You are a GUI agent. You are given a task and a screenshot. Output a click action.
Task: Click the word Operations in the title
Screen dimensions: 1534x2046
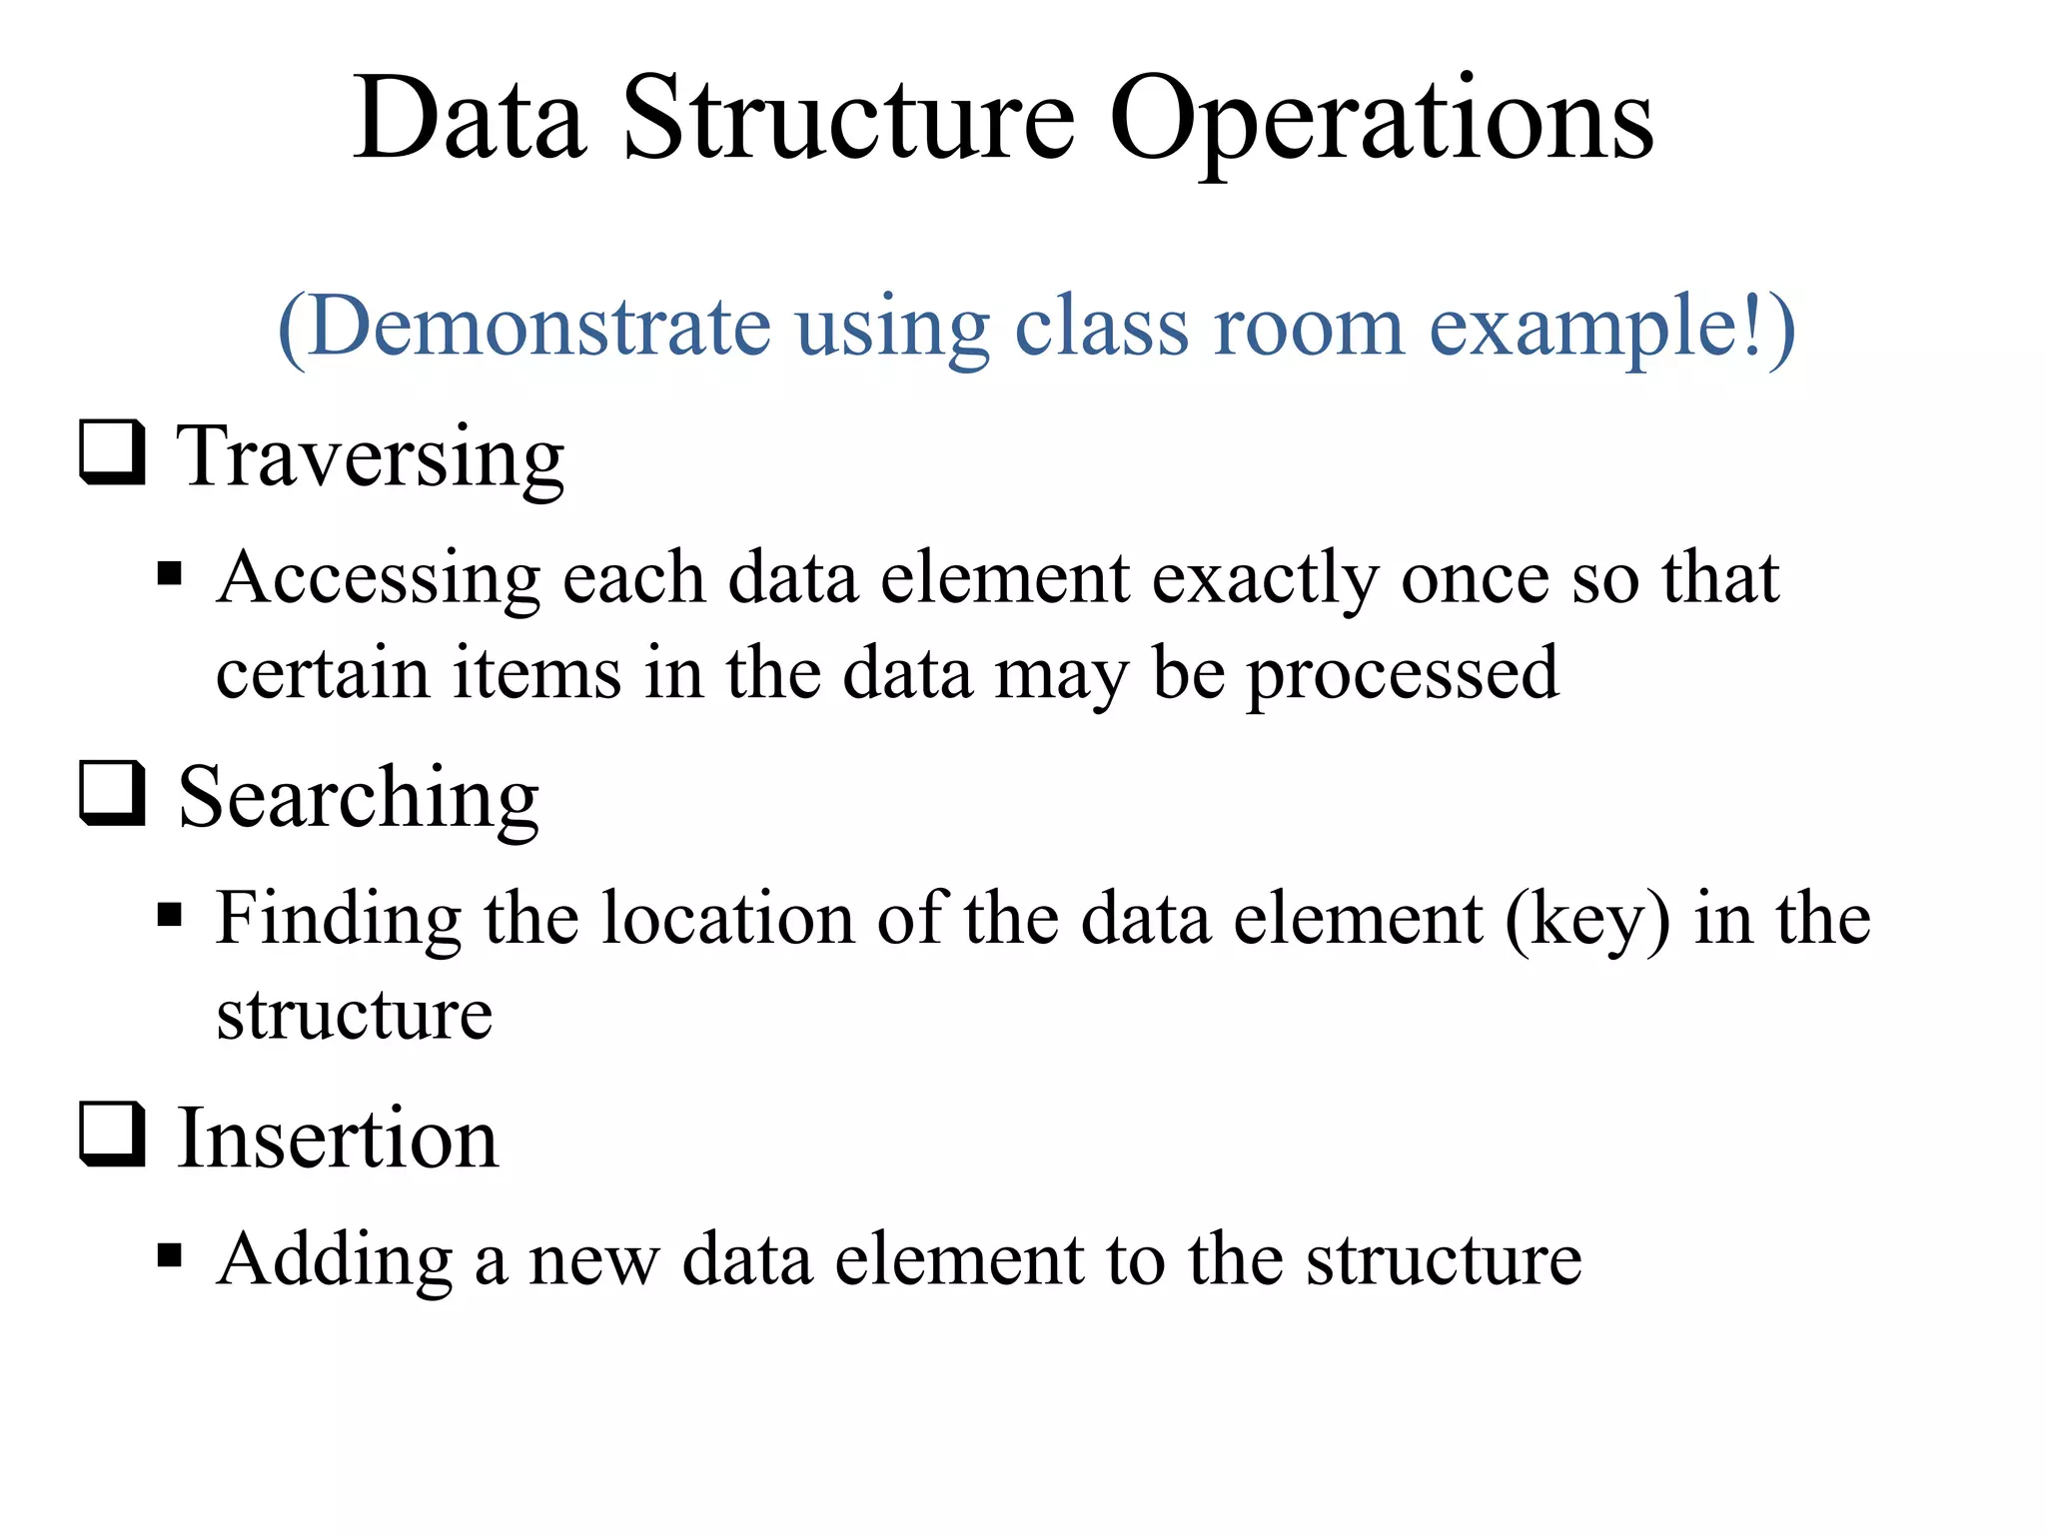click(1382, 122)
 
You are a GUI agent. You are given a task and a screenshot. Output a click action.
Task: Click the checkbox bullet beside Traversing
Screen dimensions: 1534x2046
click(112, 454)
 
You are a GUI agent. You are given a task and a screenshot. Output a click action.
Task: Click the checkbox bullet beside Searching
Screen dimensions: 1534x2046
click(112, 796)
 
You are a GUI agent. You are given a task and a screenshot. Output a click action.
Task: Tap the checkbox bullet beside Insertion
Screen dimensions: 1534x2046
click(112, 1137)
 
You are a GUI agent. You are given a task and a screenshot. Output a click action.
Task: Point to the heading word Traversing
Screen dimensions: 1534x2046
click(371, 456)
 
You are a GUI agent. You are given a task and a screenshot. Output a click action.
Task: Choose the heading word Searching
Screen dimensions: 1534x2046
click(359, 799)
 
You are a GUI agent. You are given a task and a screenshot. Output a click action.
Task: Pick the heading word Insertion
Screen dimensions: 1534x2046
click(338, 1139)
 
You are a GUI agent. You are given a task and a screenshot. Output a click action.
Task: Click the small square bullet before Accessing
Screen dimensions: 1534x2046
click(170, 575)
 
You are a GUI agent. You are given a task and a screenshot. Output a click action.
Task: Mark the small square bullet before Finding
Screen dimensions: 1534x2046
click(170, 915)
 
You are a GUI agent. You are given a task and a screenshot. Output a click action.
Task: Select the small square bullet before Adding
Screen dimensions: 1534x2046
click(170, 1255)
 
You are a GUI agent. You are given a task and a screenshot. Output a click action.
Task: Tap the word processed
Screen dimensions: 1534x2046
click(1403, 674)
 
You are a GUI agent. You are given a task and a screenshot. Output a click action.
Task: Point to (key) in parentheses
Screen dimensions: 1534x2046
click(1587, 919)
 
